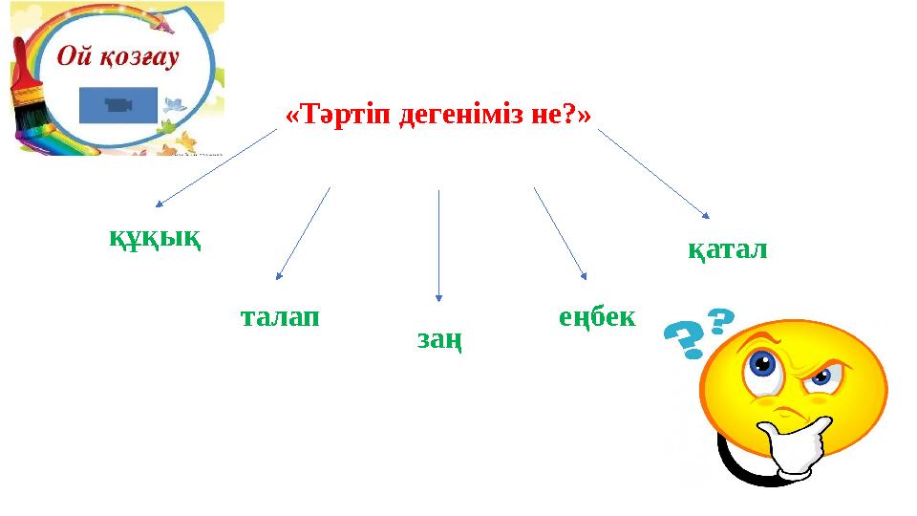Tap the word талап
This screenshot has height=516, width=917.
pyautogui.click(x=279, y=316)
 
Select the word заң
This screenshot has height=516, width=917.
pyautogui.click(x=440, y=338)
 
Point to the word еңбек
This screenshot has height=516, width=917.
pyautogui.click(x=596, y=316)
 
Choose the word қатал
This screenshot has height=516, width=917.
pyautogui.click(x=728, y=250)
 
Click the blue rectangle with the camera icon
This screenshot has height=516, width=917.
pyautogui.click(x=118, y=105)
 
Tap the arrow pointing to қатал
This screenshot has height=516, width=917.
pyautogui.click(x=653, y=173)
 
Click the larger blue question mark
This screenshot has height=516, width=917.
pyautogui.click(x=686, y=339)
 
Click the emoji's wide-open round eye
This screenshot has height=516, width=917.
pyautogui.click(x=761, y=364)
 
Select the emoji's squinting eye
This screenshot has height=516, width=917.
pyautogui.click(x=818, y=378)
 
